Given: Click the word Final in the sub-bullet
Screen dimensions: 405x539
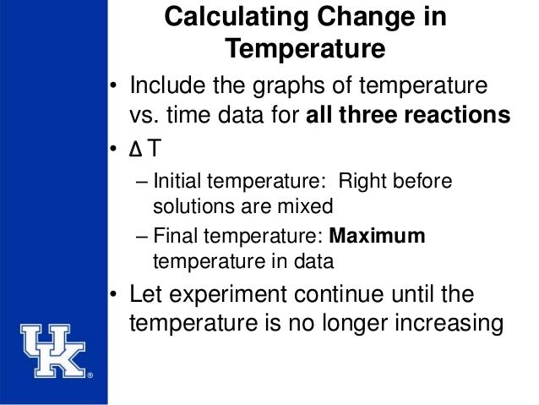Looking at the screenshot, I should pos(173,237).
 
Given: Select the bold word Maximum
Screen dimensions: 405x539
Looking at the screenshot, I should pos(377,237).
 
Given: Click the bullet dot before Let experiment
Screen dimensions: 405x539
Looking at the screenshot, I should pos(112,295).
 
